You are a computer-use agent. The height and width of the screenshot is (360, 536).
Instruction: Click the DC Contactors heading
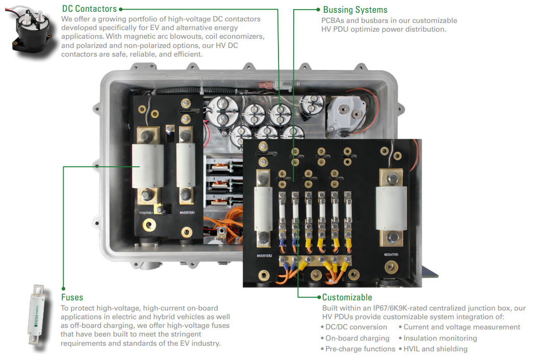point(89,9)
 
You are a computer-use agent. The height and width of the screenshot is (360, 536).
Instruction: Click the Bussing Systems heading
point(355,10)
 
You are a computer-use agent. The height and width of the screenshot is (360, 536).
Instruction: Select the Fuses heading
point(72,297)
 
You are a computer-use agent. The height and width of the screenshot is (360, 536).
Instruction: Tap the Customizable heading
point(347,297)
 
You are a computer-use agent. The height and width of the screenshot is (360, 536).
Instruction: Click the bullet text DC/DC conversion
point(356,327)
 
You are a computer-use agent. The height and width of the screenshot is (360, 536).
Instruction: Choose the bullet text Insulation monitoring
point(440,338)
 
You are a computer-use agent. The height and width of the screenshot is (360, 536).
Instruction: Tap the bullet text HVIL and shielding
point(435,349)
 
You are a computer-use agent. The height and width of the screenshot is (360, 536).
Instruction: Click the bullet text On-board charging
point(357,338)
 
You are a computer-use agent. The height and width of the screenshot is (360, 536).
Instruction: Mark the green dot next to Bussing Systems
point(319,9)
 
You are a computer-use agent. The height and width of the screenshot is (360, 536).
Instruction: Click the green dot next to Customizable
point(319,297)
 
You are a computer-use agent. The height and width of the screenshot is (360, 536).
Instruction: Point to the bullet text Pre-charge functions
point(360,349)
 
